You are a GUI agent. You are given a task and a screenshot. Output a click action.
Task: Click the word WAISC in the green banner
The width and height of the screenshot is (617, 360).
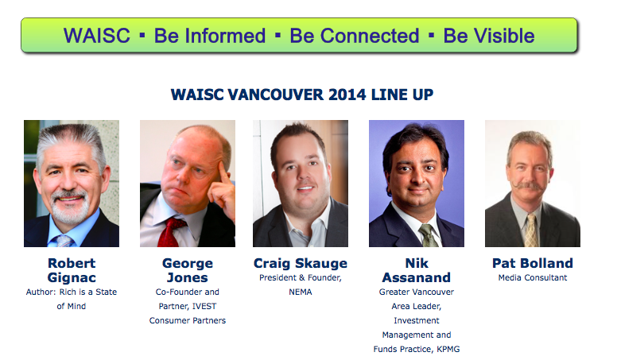tap(97, 36)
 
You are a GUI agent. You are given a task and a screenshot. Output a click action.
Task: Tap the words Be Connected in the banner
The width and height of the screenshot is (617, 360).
tap(354, 36)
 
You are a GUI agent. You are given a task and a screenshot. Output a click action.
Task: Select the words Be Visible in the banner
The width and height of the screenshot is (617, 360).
tap(489, 36)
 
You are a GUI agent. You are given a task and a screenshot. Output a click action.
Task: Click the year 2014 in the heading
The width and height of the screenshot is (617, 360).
tap(347, 95)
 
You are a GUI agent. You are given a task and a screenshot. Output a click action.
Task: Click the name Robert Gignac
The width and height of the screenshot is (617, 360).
tap(72, 270)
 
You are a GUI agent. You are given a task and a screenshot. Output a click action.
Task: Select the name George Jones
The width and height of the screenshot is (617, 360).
tap(188, 270)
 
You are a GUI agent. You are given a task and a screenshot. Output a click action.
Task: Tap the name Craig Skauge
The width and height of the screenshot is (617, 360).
tap(301, 263)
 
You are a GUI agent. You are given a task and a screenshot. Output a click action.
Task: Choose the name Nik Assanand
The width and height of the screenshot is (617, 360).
tap(417, 270)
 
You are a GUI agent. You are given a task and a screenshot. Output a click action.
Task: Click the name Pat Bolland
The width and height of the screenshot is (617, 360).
tap(533, 263)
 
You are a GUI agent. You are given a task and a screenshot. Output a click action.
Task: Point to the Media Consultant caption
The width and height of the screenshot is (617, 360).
tap(533, 278)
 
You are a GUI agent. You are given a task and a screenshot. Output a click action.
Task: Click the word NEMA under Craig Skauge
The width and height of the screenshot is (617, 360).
tap(301, 292)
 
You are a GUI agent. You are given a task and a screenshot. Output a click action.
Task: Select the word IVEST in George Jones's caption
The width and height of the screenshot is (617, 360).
tap(204, 306)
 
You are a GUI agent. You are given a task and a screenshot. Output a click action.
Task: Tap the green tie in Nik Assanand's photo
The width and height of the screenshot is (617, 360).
tap(429, 235)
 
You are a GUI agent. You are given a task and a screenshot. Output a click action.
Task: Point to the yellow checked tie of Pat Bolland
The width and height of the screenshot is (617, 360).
tap(531, 230)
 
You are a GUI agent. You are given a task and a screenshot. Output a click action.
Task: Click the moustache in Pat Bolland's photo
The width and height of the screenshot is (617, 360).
tap(528, 186)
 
